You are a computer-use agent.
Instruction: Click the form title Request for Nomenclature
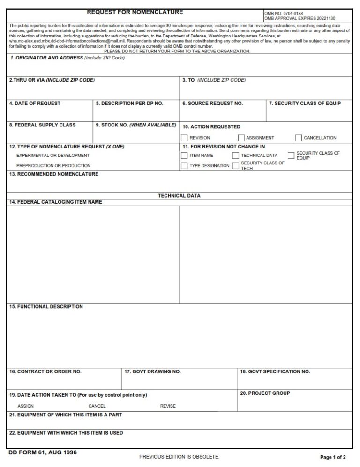(135, 12)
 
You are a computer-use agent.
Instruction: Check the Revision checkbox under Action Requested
(184, 138)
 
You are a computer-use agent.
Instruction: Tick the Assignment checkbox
(241, 138)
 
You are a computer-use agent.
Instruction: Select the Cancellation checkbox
(299, 138)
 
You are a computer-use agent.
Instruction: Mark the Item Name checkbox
(184, 156)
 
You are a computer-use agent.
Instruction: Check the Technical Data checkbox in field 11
(236, 156)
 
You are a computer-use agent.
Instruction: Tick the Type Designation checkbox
(184, 166)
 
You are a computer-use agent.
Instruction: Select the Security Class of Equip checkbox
(291, 155)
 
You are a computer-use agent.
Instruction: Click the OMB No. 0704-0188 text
(284, 14)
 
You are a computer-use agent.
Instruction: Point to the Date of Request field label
(35, 104)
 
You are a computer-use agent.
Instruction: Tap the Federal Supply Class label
(42, 125)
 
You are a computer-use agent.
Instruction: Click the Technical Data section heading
(179, 196)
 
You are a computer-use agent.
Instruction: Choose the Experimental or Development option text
(53, 156)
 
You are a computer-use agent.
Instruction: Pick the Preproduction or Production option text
(53, 166)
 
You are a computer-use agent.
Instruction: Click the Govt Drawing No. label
(153, 371)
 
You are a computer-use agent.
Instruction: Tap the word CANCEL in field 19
(97, 406)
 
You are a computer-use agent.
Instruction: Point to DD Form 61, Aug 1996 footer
(43, 452)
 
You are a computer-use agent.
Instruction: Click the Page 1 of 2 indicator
(333, 457)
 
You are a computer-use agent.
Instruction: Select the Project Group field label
(265, 393)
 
